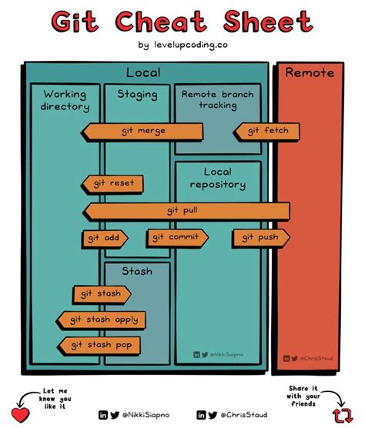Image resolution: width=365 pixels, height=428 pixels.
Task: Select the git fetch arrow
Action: click(266, 131)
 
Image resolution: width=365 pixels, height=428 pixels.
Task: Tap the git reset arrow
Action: click(112, 183)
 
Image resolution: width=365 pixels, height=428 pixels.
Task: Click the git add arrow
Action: click(105, 238)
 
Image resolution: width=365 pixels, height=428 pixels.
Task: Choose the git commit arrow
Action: click(177, 237)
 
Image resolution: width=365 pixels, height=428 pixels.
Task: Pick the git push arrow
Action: click(260, 238)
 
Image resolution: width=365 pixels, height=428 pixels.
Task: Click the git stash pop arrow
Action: click(99, 344)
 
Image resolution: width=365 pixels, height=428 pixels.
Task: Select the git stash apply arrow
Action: click(101, 319)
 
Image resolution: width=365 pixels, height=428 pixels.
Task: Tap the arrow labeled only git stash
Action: click(102, 293)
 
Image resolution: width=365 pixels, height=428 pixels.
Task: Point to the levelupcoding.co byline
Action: click(182, 45)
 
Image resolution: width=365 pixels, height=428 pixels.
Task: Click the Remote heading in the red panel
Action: click(310, 73)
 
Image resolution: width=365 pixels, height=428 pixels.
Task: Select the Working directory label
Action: click(65, 101)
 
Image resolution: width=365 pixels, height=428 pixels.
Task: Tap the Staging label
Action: click(137, 95)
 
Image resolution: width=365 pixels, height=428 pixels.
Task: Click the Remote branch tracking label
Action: click(217, 99)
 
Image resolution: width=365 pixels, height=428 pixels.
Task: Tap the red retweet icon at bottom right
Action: click(342, 415)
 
